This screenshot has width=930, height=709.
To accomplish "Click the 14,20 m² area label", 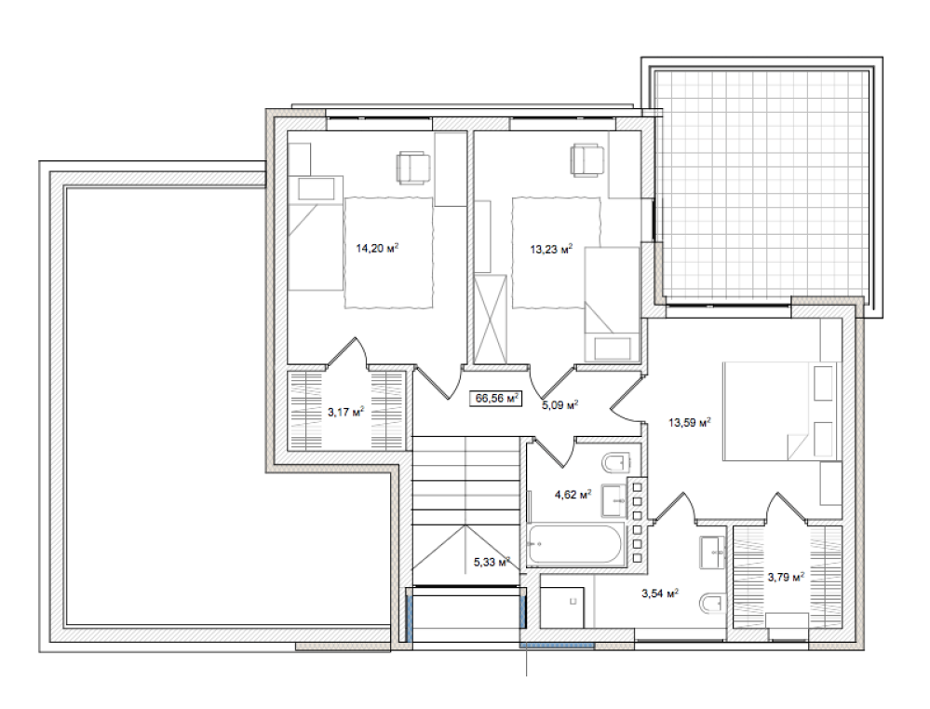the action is pos(377,248).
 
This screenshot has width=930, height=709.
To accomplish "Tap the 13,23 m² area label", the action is pos(551,250).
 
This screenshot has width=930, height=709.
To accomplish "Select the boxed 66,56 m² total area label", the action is pos(497,399).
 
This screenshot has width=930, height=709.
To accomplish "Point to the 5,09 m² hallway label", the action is pos(559,405).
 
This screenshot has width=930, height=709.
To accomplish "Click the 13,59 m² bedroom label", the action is pos(690,423).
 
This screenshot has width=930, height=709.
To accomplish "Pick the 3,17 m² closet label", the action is pos(345,411).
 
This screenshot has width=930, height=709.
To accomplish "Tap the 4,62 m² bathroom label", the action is pos(573,494).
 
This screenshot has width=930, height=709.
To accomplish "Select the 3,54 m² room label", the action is pos(660,593).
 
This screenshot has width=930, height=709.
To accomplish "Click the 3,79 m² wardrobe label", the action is pos(786,576).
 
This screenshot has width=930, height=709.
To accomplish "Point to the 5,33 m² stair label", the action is pos(492,561).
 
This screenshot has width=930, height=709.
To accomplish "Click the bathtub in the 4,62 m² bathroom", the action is pos(574,543).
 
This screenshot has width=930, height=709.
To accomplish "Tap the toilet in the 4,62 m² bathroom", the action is pos(614,462).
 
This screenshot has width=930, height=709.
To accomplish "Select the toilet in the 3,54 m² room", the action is pos(712,603).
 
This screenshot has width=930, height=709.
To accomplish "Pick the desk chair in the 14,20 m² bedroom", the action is pos(412,168).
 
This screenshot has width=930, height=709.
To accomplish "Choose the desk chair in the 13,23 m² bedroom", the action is pos(587,160).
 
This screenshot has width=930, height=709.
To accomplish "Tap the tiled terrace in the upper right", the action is pos(762,185).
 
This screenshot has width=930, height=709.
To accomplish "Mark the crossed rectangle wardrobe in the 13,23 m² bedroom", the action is pos(492,319).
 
